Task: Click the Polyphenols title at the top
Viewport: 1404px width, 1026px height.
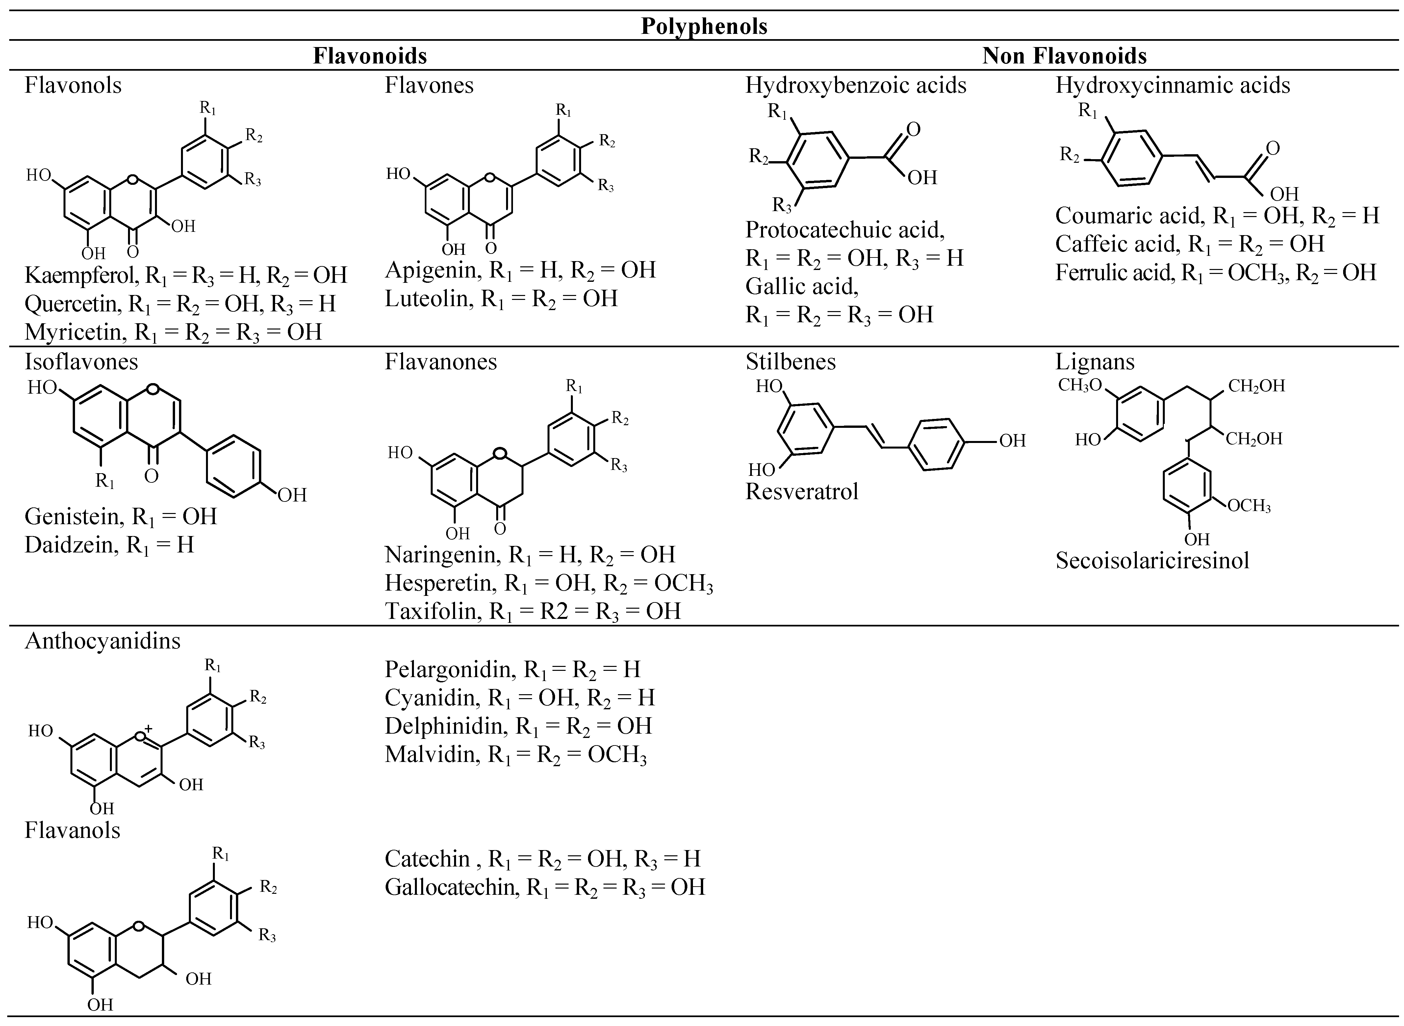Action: pos(704,26)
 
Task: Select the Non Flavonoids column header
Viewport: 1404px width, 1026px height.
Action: pos(1064,56)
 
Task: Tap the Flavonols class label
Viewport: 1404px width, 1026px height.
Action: pos(73,85)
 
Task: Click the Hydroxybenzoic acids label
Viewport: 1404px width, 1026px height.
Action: pos(855,85)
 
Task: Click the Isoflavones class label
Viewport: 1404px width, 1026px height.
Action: pos(81,361)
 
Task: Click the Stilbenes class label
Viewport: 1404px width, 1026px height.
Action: pos(790,361)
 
